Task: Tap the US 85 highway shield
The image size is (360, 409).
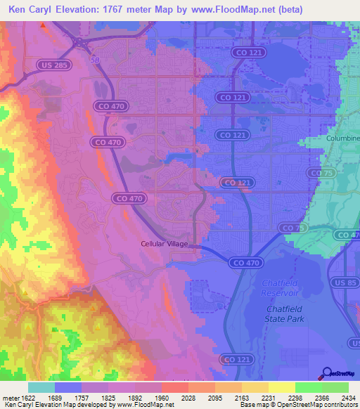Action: click(x=349, y=283)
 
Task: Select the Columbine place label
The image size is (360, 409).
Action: click(x=342, y=138)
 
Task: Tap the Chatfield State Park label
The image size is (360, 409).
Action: click(x=286, y=314)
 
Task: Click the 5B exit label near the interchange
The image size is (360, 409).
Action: click(x=95, y=60)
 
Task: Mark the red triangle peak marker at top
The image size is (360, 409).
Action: click(x=43, y=25)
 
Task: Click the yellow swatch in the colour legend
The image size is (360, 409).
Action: click(x=281, y=387)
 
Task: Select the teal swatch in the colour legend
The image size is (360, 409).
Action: click(x=41, y=387)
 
